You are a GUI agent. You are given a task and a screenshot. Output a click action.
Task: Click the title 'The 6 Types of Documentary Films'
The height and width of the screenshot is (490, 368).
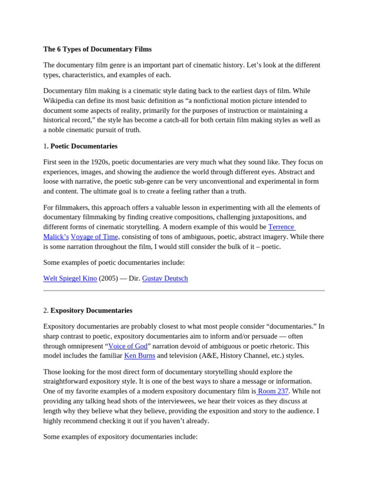tap(97, 49)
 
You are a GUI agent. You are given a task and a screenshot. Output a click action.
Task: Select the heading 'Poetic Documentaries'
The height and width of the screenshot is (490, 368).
tap(84, 146)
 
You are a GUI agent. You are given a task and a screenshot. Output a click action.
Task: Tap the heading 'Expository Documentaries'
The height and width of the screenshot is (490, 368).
tap(91, 311)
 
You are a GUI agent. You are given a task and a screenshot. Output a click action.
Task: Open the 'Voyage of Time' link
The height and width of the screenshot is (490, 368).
tap(94, 237)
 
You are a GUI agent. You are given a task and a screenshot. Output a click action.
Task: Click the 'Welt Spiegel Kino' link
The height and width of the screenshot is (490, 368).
tap(70, 278)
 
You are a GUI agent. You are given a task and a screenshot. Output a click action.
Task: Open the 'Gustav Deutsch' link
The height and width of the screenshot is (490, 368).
tap(165, 278)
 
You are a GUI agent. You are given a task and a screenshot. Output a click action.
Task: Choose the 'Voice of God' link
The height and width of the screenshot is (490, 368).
tap(127, 346)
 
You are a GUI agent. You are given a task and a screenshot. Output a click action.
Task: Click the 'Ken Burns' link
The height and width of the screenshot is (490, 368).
tap(139, 356)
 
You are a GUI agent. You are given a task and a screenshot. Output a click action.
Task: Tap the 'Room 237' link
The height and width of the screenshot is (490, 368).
tap(273, 391)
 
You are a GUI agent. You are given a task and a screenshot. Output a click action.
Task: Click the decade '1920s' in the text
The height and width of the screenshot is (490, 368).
tap(101, 162)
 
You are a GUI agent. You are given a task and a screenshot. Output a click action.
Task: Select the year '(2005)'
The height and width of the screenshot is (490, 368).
tap(108, 278)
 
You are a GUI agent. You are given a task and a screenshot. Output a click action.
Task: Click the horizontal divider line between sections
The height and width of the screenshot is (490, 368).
tap(184, 290)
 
